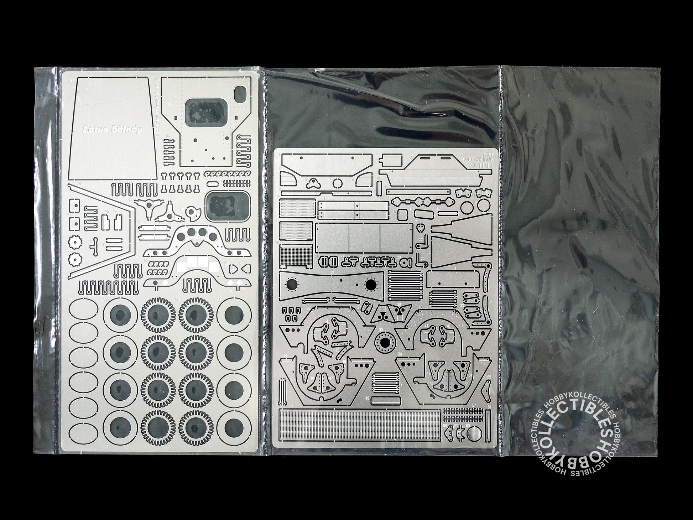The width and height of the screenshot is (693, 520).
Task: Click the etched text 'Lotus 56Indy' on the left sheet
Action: pyautogui.click(x=112, y=130)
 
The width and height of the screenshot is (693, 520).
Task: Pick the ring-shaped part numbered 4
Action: pyautogui.click(x=337, y=183)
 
